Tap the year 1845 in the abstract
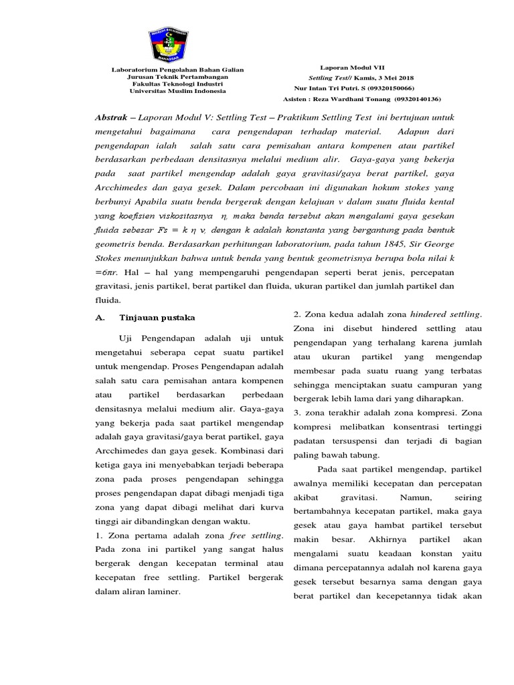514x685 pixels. [x=379, y=246]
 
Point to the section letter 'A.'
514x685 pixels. [x=101, y=318]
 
